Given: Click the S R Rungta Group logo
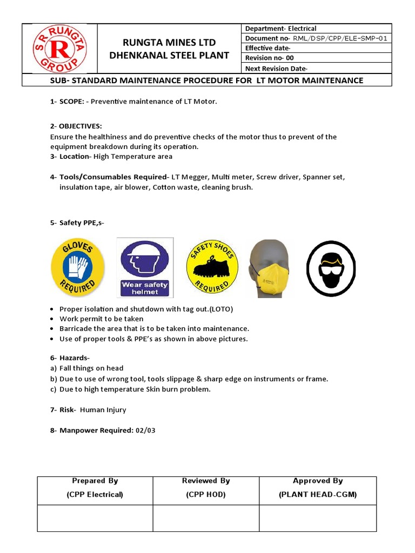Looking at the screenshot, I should click(60, 49).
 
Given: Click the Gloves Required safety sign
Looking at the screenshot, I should click(77, 267).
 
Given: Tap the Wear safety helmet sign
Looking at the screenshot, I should click(145, 267).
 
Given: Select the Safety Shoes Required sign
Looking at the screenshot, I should click(212, 267).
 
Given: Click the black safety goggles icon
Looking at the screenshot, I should click(332, 268).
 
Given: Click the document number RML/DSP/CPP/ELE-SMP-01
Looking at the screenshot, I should click(339, 38).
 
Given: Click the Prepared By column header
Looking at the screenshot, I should click(95, 481).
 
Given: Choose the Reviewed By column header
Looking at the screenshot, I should click(206, 481).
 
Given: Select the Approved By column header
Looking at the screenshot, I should click(318, 481).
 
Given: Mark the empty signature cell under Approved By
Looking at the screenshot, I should click(318, 518).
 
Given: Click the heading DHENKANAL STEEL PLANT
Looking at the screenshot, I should click(170, 55).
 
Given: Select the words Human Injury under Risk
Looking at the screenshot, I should click(103, 410).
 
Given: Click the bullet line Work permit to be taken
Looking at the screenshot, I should click(102, 319).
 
